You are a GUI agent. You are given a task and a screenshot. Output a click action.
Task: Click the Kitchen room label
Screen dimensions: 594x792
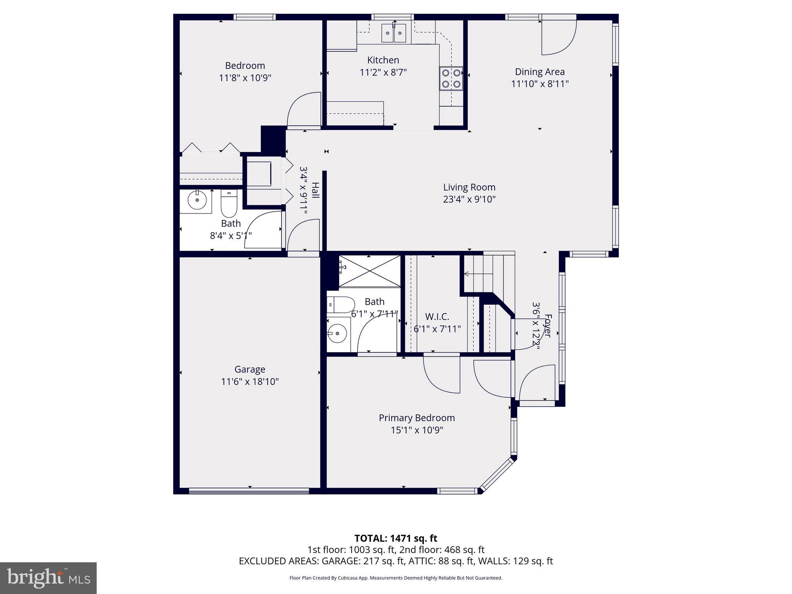[383, 60]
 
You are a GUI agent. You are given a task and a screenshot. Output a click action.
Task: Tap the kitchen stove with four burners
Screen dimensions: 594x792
[451, 79]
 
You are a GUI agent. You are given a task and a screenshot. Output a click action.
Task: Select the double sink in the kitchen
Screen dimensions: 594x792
[394, 33]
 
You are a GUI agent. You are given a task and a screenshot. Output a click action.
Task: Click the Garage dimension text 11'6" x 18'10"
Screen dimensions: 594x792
[250, 382]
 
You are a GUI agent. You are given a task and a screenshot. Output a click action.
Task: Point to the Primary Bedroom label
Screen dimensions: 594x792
[416, 418]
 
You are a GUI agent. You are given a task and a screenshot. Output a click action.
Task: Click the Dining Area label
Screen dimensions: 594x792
[539, 72]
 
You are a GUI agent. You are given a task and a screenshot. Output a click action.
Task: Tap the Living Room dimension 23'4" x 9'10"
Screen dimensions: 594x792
[469, 200]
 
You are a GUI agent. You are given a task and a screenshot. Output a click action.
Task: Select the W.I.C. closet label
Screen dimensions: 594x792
[437, 317]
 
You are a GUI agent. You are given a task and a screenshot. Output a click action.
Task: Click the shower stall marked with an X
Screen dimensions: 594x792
[369, 271]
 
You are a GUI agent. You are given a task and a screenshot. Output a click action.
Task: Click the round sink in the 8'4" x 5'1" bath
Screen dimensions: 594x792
[197, 200]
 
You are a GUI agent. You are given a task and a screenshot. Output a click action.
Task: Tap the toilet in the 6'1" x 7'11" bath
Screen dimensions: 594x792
[340, 305]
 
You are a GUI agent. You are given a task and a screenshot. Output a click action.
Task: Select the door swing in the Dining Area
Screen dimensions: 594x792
[557, 37]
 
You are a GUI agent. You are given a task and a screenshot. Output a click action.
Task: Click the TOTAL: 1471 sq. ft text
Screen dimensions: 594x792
[396, 538]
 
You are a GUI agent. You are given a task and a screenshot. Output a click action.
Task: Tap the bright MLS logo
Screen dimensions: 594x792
[48, 578]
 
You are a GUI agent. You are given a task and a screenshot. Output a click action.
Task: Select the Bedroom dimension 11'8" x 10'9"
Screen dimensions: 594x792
[245, 78]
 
